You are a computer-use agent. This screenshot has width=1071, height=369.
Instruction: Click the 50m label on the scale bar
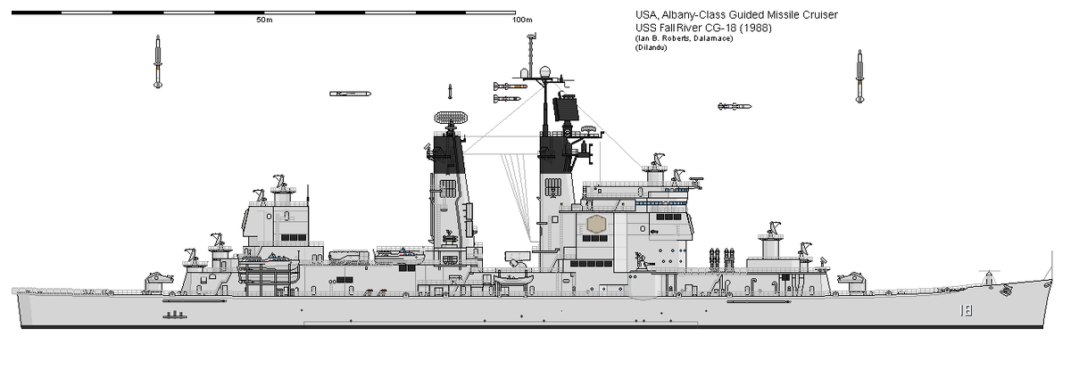pos(263,20)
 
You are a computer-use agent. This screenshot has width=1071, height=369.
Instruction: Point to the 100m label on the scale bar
pos(522,20)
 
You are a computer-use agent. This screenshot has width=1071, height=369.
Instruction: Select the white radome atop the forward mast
pos(545,71)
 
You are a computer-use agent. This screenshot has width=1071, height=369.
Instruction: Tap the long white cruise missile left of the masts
pos(350,94)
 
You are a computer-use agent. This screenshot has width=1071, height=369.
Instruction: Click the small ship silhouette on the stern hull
pos(176,315)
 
